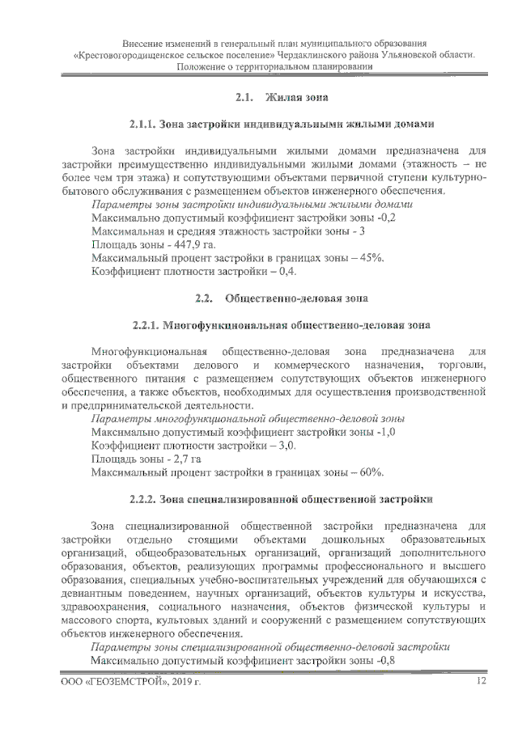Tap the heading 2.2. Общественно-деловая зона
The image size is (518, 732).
coord(282,299)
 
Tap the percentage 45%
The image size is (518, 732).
coord(372,257)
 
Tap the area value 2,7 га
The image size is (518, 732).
coord(176,459)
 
